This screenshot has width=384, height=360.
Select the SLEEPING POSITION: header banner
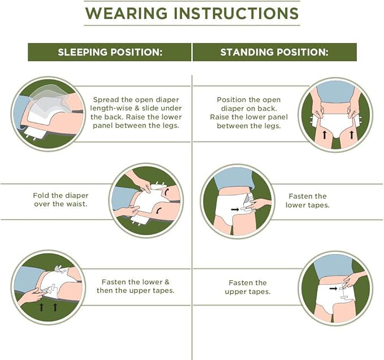tap(110, 52)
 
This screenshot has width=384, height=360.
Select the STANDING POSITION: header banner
tap(274, 52)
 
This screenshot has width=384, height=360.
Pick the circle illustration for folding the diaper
tap(146, 200)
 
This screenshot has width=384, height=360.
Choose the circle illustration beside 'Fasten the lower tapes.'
tap(237, 200)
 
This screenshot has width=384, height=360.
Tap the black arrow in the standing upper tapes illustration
tap(333, 289)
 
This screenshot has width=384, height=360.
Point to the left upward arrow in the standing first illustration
tap(325, 134)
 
